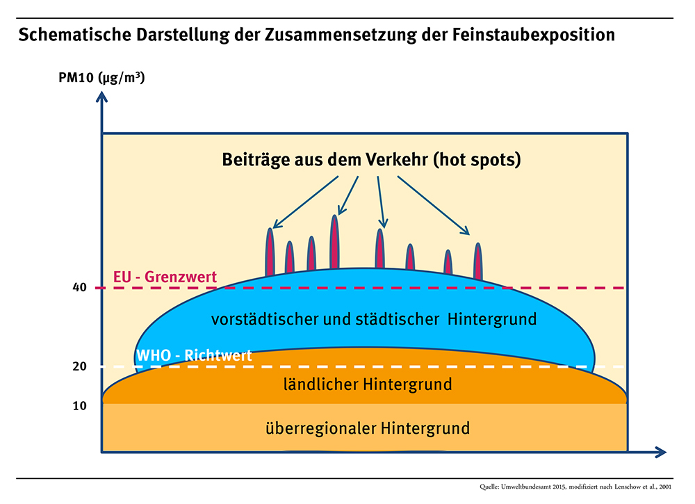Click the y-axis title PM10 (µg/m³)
pos(101,77)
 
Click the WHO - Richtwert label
pos(194,355)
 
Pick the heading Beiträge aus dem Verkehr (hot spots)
pos(372,160)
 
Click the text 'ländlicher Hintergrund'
pos(368,384)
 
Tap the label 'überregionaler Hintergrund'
pos(368,428)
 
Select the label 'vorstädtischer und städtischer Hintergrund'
pos(374,320)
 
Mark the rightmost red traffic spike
pos(477,261)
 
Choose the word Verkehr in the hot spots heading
pos(395,160)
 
